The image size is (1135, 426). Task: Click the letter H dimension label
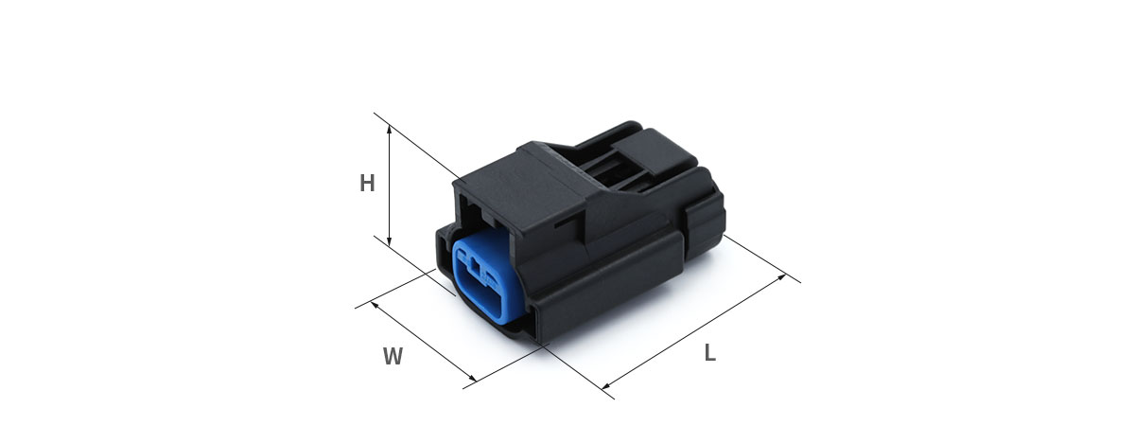(x=367, y=184)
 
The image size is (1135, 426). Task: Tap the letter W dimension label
(x=393, y=356)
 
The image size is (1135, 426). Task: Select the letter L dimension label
(x=710, y=352)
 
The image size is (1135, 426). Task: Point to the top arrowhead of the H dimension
(x=389, y=130)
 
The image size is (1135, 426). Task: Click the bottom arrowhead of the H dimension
(x=389, y=241)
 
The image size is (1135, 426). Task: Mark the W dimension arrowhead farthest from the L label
(x=375, y=304)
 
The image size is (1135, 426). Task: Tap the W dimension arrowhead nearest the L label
(x=472, y=379)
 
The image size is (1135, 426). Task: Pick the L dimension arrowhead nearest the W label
(x=606, y=386)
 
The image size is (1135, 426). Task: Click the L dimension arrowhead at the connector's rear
(x=781, y=277)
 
